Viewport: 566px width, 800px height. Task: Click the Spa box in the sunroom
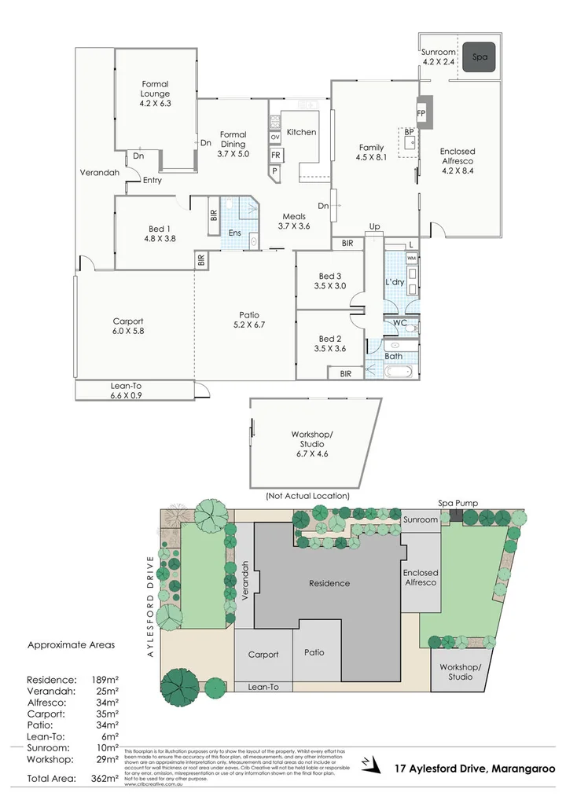pos(479,57)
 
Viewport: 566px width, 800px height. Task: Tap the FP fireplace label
pos(421,113)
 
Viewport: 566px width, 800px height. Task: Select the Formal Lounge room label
pos(155,93)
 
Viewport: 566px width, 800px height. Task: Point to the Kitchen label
pos(301,132)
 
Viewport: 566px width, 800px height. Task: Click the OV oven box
pos(275,138)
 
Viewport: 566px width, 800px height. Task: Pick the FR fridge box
pos(275,155)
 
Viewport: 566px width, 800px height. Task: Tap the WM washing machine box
pos(412,258)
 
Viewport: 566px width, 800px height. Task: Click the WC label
pos(399,322)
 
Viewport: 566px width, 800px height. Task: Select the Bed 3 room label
pos(329,281)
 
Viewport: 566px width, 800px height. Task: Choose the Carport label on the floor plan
pos(128,326)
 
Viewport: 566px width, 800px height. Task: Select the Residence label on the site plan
pos(329,583)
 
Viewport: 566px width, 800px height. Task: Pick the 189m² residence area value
pos(104,679)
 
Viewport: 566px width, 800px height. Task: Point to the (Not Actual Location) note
pos(307,496)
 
